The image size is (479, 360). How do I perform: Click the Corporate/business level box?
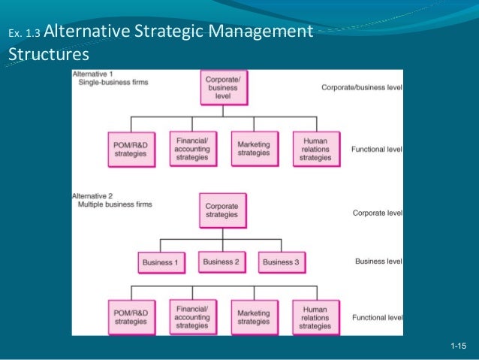222,87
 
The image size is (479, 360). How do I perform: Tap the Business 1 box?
160,262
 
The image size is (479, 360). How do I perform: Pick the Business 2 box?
221,262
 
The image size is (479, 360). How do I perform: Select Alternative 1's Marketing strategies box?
253,148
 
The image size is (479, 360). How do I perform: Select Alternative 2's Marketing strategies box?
253,317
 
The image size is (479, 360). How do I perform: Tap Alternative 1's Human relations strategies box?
315,148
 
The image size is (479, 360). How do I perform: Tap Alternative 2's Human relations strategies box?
315,317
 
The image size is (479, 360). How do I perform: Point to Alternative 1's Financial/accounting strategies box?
191,148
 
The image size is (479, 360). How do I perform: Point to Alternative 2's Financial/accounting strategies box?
191,316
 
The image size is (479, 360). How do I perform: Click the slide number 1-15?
458,345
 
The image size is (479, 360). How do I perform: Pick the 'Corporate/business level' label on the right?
362,88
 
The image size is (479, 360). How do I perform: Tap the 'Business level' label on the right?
378,262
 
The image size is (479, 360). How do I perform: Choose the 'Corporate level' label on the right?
378,213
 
